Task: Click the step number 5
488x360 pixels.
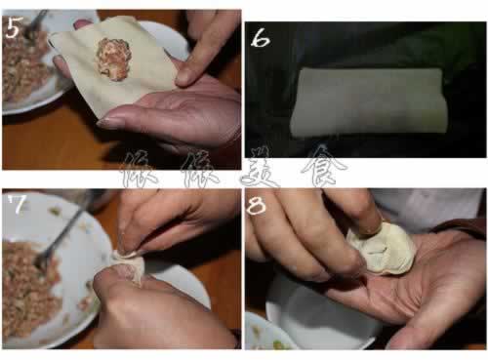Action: click(x=13, y=27)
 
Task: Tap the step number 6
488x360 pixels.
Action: click(x=260, y=39)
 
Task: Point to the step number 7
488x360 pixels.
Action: click(x=18, y=204)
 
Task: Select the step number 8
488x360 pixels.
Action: click(x=257, y=206)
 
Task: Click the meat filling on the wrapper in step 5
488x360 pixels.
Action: click(x=113, y=60)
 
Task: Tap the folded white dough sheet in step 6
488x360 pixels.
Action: click(x=368, y=101)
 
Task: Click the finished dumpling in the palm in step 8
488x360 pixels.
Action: click(x=384, y=249)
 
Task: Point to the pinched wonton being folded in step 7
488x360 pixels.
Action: click(x=130, y=265)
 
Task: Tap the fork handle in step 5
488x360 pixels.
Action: click(x=37, y=20)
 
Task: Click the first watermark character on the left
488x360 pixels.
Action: click(x=140, y=170)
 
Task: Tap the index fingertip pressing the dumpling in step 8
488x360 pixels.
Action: click(x=369, y=226)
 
